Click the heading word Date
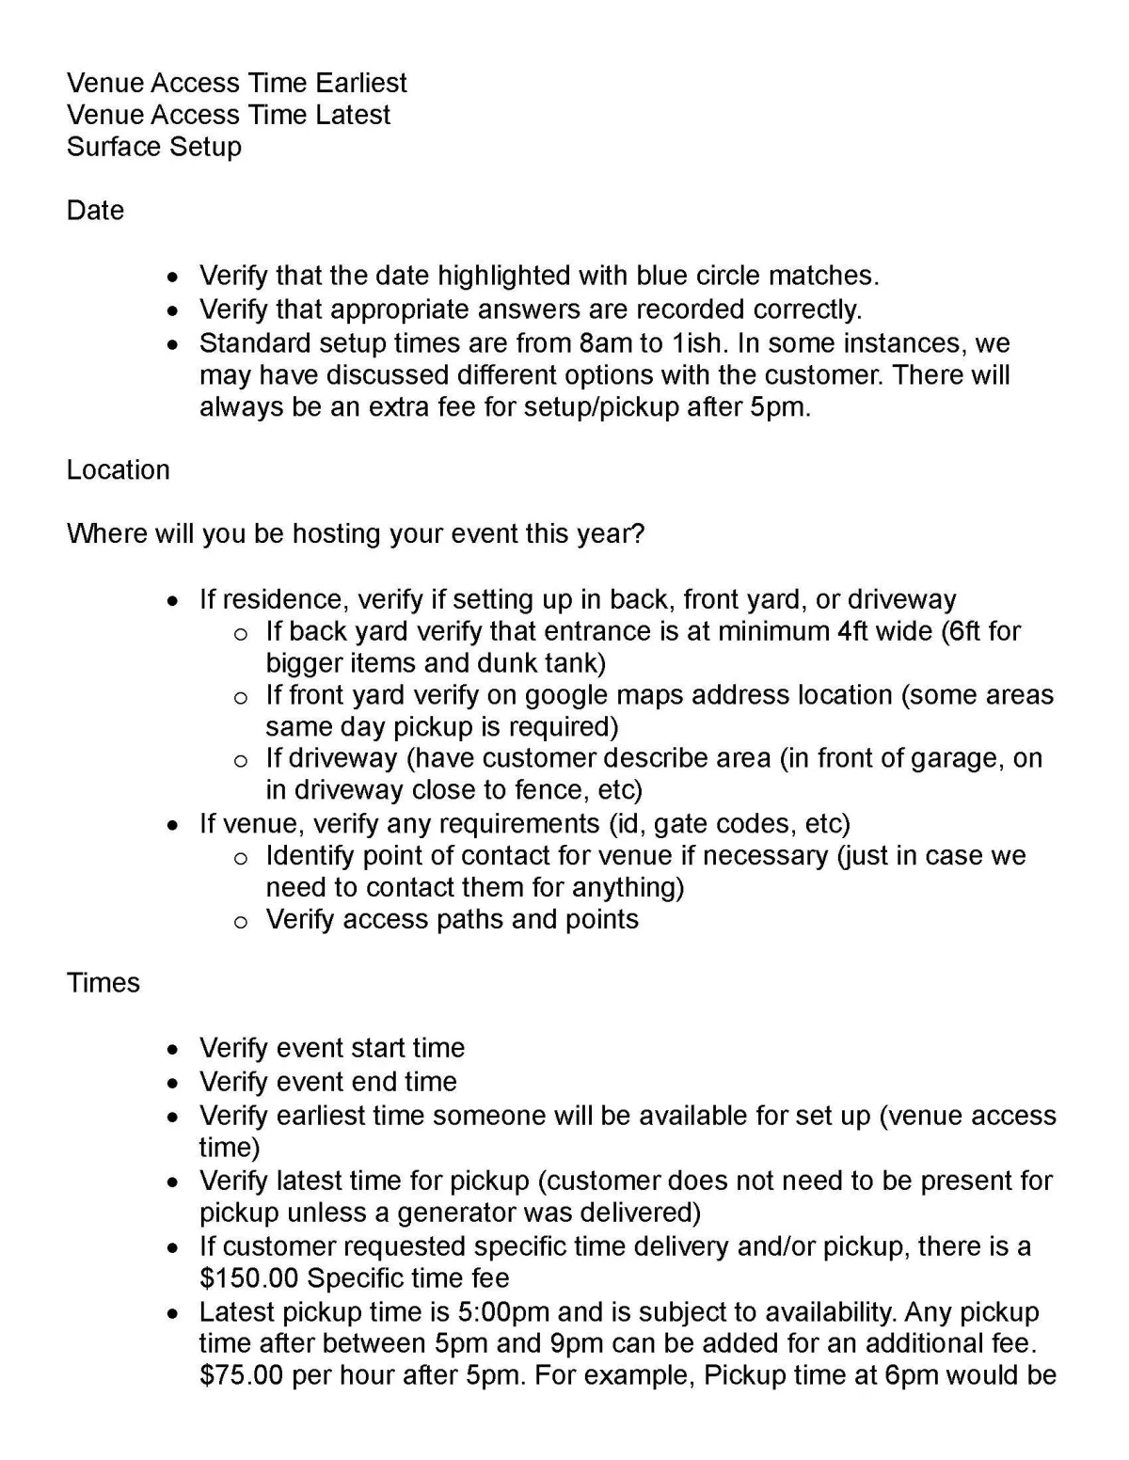pyautogui.click(x=95, y=210)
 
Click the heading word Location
pyautogui.click(x=118, y=469)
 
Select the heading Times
pyautogui.click(x=103, y=982)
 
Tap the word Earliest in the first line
pyautogui.click(x=361, y=83)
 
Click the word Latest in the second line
pyautogui.click(x=353, y=115)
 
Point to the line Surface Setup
pyautogui.click(x=154, y=147)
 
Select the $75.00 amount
pyautogui.click(x=241, y=1375)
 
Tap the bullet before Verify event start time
pyautogui.click(x=171, y=1049)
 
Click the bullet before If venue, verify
pyautogui.click(x=171, y=825)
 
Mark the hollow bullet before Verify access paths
pyautogui.click(x=241, y=921)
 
